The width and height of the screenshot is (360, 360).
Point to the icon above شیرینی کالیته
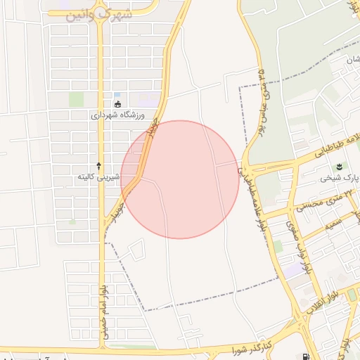coord(98,165)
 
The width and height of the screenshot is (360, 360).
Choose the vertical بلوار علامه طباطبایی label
coord(256,204)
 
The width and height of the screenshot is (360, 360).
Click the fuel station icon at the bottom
coord(304,356)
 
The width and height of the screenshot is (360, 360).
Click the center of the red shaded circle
coord(180,179)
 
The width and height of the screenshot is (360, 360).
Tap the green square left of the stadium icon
coord(76,99)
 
